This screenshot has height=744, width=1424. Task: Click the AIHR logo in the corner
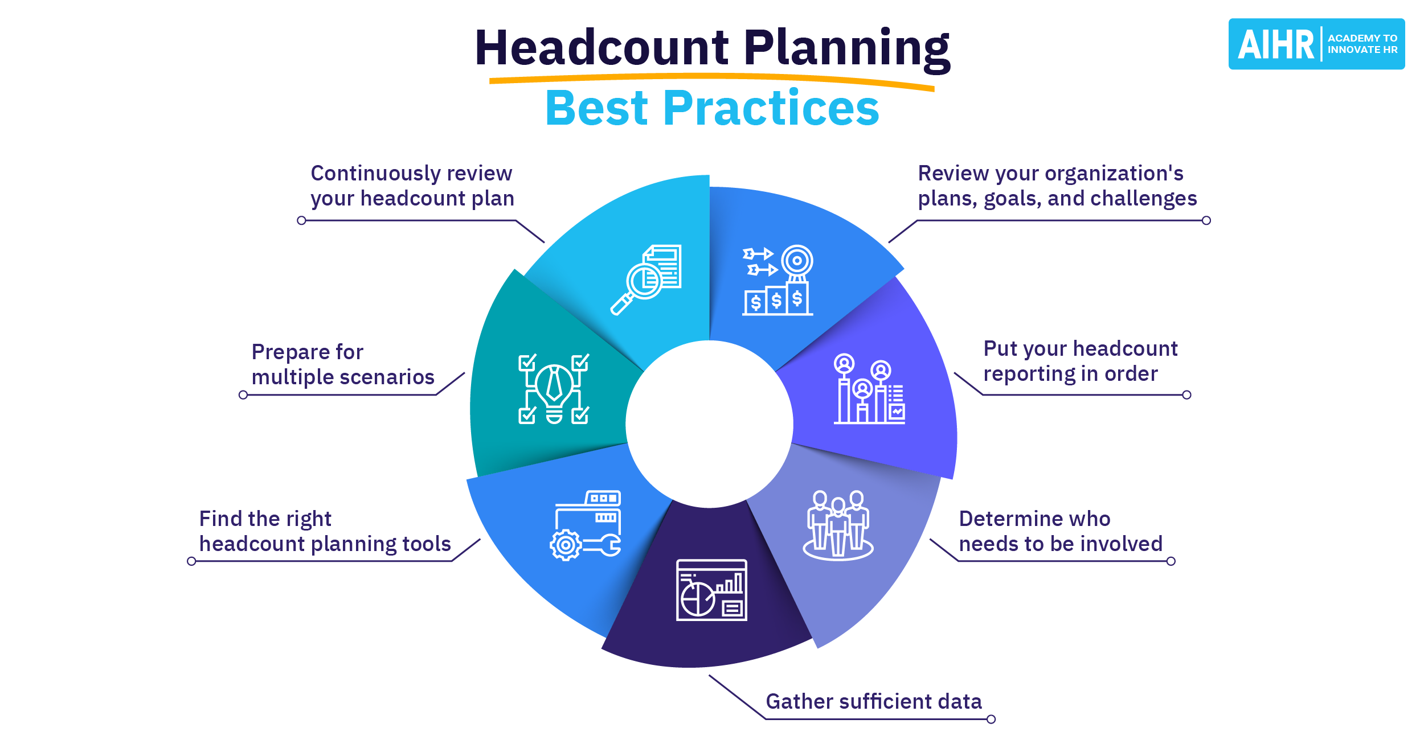coord(1316,44)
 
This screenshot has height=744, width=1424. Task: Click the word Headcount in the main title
coord(601,48)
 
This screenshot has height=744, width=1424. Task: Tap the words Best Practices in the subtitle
coord(712,108)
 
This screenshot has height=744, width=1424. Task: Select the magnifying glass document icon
coord(646,279)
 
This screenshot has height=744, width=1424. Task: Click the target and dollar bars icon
coord(778,280)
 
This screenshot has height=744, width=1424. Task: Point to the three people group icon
coord(838,525)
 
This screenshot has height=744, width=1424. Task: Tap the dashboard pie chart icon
coord(711,590)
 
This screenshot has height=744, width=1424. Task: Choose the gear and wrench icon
coord(586,525)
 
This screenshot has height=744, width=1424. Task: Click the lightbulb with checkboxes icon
coord(554,389)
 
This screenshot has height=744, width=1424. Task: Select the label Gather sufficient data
coord(873,701)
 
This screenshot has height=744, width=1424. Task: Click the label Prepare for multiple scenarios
coord(342,364)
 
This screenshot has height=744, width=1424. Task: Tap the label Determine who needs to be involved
coord(1060,531)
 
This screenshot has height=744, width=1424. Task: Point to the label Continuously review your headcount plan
coord(412,186)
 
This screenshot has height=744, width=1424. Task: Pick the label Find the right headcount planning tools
coord(325,531)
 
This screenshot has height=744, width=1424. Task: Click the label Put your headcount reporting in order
coord(1080,361)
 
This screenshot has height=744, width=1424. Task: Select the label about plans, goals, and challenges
coord(1057,186)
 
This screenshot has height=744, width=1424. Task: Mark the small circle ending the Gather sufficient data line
coord(991,719)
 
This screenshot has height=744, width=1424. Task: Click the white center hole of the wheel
coord(709,424)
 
